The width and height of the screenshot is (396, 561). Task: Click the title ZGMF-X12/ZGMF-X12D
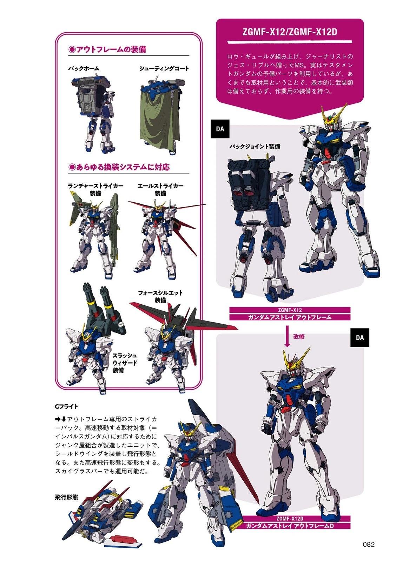(289, 32)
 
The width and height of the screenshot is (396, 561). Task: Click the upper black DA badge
(220, 129)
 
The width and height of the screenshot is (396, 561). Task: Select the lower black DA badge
(359, 338)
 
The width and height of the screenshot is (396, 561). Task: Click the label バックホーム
(84, 68)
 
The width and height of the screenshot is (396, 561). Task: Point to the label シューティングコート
(164, 68)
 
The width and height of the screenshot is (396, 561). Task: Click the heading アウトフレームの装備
(107, 49)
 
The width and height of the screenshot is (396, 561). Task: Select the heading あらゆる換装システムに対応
(119, 167)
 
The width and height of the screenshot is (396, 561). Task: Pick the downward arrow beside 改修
(288, 336)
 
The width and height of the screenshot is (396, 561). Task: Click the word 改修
(299, 336)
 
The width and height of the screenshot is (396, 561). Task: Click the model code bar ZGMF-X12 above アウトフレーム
(290, 310)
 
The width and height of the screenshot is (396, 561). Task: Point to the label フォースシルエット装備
(160, 296)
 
